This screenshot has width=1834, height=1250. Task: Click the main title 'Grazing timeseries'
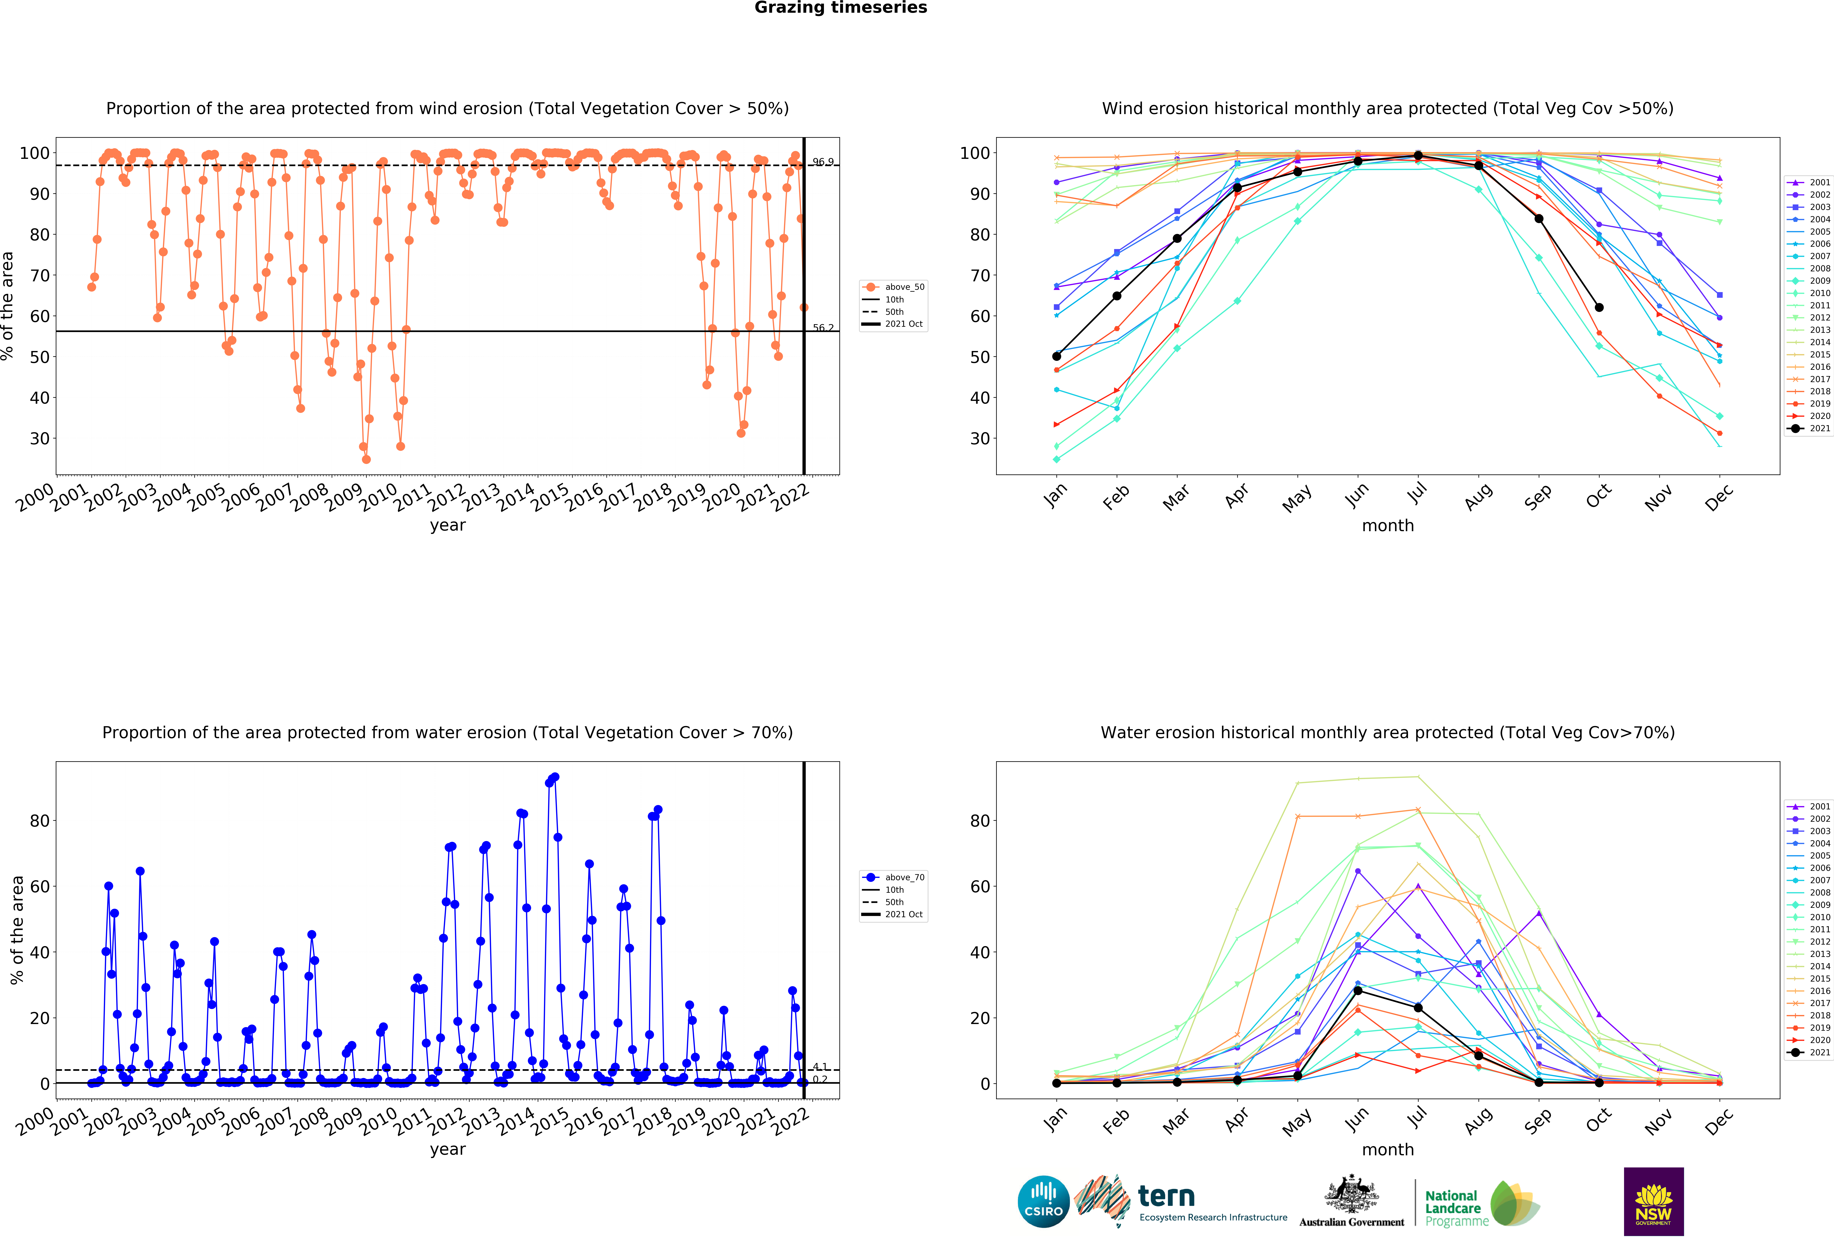click(840, 8)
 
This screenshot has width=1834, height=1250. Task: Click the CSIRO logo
click(1043, 1202)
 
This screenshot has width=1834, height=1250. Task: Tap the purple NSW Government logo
click(1653, 1201)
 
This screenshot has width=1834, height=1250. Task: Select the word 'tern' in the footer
click(1166, 1196)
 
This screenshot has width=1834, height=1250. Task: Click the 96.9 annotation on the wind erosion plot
click(823, 162)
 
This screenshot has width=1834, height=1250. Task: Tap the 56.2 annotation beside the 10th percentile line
click(823, 328)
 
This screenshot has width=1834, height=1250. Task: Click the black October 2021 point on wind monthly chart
click(1599, 307)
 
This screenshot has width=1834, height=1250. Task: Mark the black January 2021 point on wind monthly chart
click(1057, 356)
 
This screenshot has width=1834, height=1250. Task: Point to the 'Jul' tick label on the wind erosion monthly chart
click(1418, 493)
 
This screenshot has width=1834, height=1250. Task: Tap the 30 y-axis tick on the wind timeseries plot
click(40, 439)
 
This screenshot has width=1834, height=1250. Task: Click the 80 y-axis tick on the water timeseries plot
click(40, 821)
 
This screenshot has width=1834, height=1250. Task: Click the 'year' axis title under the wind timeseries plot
click(447, 526)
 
